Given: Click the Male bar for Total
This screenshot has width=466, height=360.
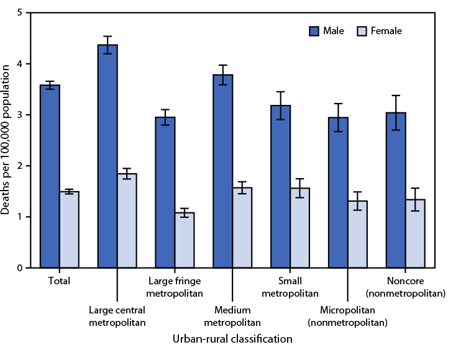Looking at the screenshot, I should click(50, 177).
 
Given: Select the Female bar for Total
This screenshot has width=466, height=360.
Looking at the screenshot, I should click(69, 230).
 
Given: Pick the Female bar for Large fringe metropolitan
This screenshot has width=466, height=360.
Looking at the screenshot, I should click(185, 240).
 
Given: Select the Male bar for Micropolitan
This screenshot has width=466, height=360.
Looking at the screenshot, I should click(338, 192).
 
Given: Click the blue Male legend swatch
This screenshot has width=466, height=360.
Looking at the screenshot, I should click(314, 30).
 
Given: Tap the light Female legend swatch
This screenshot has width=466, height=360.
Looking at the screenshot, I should click(365, 30).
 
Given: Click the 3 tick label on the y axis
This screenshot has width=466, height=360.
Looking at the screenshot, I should click(22, 115).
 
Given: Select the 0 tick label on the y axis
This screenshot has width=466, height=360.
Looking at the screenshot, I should click(22, 268).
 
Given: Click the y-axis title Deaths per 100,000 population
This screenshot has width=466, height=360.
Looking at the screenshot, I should click(6, 140).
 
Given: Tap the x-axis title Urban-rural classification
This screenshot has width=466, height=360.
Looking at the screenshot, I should click(232, 340).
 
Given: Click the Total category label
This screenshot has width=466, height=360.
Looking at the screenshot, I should click(59, 281).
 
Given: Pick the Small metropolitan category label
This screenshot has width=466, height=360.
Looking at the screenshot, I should click(290, 287).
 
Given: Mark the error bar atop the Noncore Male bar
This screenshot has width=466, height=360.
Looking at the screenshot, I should click(396, 112).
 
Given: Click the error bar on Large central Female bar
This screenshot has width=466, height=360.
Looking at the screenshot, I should click(127, 174).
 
